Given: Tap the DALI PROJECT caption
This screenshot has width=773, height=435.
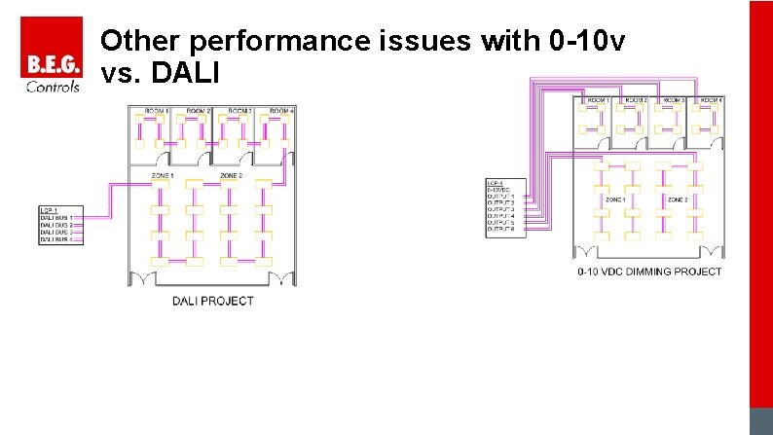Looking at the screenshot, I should tap(212, 301).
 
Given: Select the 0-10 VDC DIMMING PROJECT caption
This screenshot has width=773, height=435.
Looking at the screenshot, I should tap(649, 272).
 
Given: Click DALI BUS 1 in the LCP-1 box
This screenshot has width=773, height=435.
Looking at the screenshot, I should tap(56, 217).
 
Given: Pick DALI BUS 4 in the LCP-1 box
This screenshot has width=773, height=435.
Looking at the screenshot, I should tap(56, 239).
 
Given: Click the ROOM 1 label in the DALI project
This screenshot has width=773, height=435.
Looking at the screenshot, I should tap(157, 112).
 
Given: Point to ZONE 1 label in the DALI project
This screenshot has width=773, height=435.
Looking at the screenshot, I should tap(163, 175).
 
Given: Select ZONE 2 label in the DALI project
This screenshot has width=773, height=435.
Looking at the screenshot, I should tap(231, 175).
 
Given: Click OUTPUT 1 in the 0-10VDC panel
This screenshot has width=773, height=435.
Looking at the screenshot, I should tap(500, 197).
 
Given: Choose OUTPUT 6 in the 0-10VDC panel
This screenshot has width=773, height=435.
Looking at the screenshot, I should tap(500, 230).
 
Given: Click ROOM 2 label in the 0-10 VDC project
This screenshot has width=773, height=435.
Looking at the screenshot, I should tap(635, 100).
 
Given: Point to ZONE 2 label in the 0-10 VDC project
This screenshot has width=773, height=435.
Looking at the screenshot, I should tap(677, 199).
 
